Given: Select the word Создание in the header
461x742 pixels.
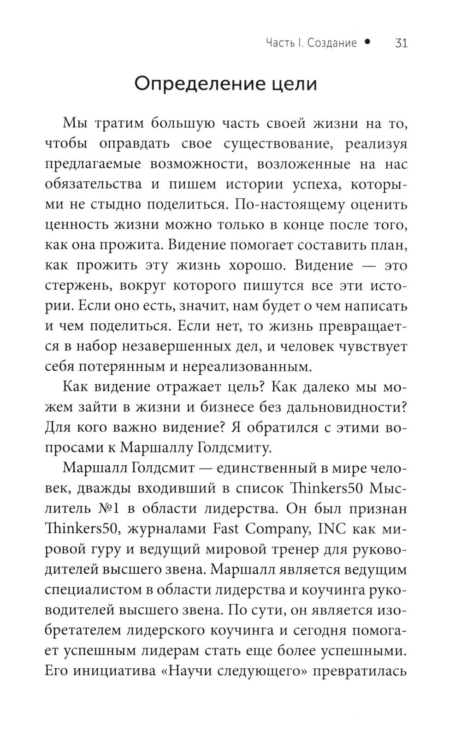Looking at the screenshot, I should (332, 43).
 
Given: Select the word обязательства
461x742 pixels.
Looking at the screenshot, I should (94, 184).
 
